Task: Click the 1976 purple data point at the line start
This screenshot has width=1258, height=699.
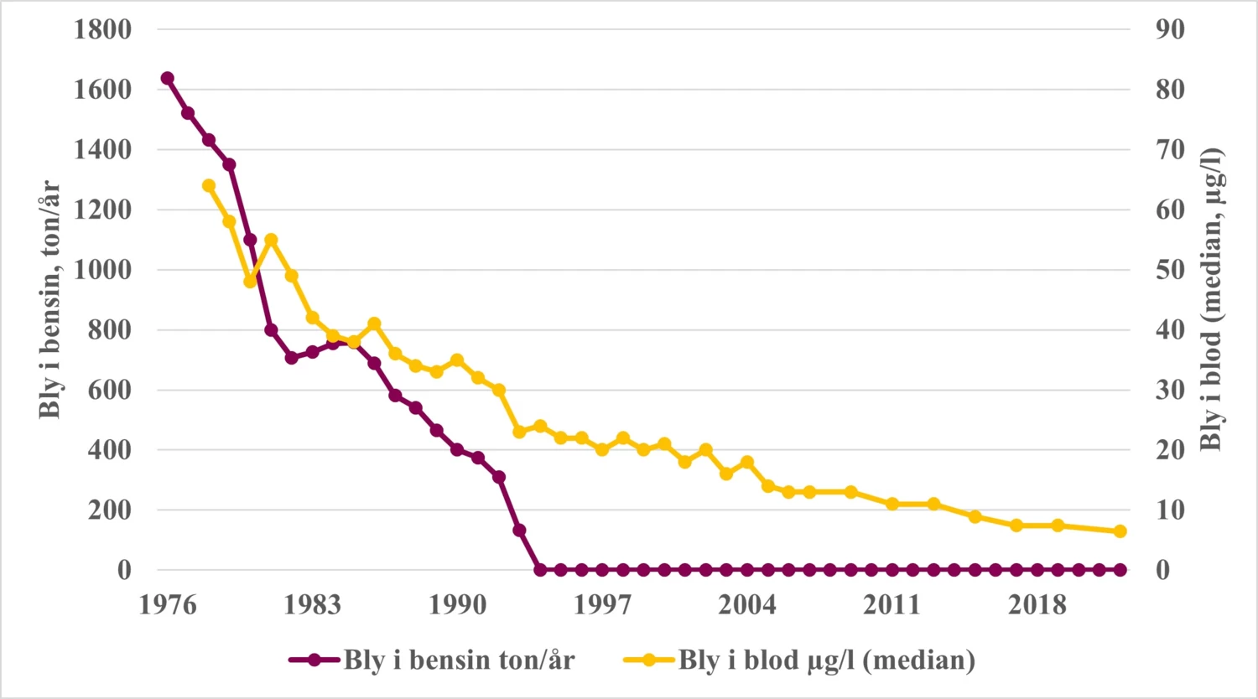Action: [167, 78]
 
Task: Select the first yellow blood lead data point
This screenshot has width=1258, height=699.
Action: [209, 186]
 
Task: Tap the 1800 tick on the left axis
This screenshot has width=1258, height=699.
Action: [102, 29]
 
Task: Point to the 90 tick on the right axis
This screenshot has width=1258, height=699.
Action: [1170, 29]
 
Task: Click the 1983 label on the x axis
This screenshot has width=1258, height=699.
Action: [312, 604]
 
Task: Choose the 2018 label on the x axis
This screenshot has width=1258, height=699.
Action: [1037, 604]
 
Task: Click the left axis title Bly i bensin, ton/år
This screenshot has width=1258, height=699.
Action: [50, 299]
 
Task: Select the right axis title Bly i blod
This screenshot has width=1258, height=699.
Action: [1211, 299]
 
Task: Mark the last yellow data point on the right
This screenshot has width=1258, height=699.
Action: [1120, 531]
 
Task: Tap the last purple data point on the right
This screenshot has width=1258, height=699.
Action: [1120, 570]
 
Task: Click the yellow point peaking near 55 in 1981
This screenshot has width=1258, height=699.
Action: [271, 240]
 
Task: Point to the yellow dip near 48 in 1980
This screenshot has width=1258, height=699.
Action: [250, 282]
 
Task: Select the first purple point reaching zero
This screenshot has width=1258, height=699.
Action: [540, 570]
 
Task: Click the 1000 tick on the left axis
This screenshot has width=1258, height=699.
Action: [102, 270]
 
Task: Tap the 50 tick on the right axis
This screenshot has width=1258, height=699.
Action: [1170, 270]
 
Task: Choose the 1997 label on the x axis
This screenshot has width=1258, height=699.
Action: [602, 604]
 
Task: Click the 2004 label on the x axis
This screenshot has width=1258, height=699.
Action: [746, 604]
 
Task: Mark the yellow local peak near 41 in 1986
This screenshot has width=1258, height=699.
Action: [374, 324]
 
